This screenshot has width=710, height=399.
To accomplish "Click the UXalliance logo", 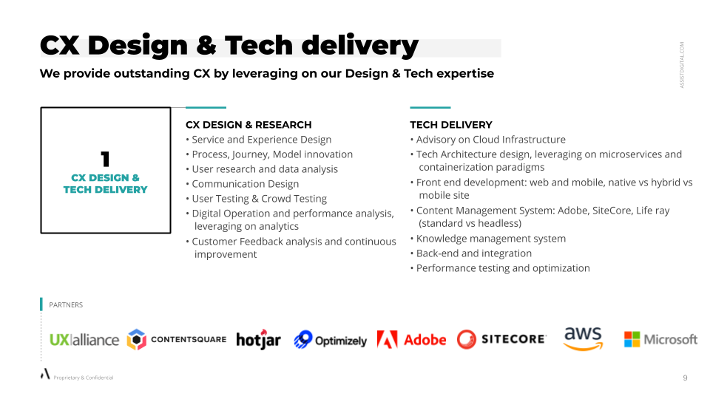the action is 84,340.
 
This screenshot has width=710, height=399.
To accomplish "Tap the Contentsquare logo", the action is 177,339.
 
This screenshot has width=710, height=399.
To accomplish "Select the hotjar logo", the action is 259,339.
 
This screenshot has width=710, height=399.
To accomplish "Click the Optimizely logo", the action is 330,340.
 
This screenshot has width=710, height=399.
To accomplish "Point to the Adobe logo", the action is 411,339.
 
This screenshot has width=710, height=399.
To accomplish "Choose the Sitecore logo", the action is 501,339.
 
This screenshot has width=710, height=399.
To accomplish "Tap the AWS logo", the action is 584,338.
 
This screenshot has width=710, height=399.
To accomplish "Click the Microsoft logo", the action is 660,339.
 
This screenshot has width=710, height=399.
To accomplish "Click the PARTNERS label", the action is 66,305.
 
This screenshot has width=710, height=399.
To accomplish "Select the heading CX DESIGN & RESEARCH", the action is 248,125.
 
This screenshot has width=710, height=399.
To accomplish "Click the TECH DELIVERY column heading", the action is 451,125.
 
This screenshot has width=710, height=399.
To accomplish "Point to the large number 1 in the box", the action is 105,160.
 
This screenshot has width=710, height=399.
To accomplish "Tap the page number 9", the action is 685,378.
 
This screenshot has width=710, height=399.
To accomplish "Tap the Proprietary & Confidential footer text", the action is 84,378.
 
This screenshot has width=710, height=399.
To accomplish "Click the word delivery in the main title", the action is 360,46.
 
